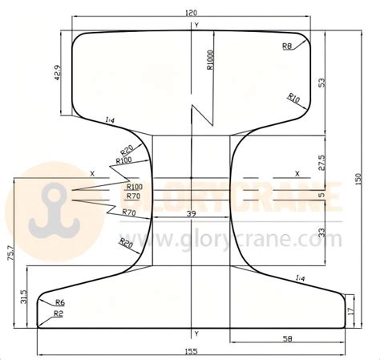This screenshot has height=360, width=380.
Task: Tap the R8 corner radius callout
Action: click(x=287, y=47)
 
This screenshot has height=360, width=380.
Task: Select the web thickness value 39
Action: click(x=190, y=213)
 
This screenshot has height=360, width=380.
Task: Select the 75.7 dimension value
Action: click(x=10, y=254)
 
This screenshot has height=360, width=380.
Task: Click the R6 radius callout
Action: click(x=59, y=302)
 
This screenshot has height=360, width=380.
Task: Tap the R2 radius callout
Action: click(x=59, y=314)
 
